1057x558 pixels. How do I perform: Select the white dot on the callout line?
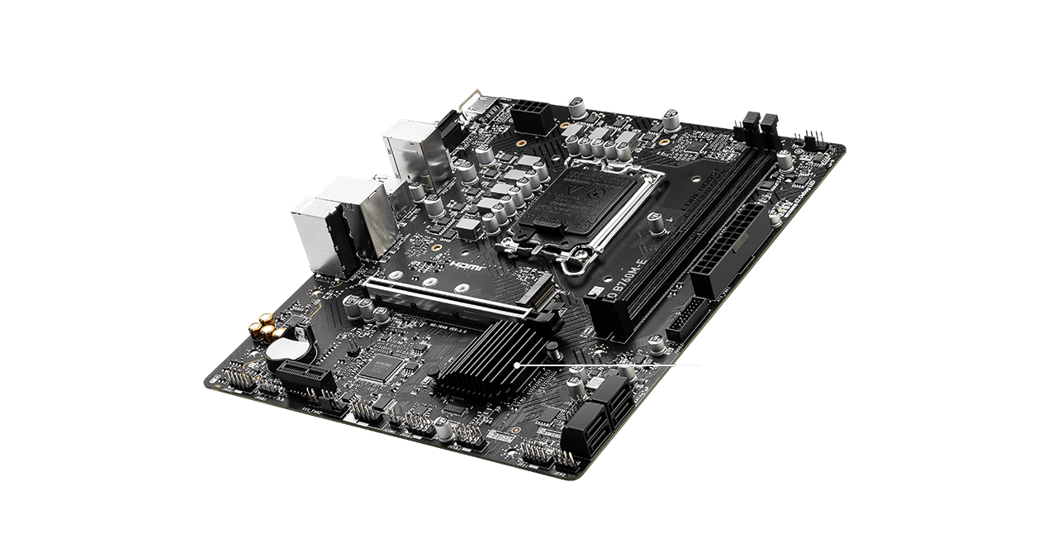(x=517, y=364)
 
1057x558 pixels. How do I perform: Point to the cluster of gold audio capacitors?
(x=263, y=327)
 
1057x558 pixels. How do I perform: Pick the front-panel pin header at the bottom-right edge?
(x=549, y=454)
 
